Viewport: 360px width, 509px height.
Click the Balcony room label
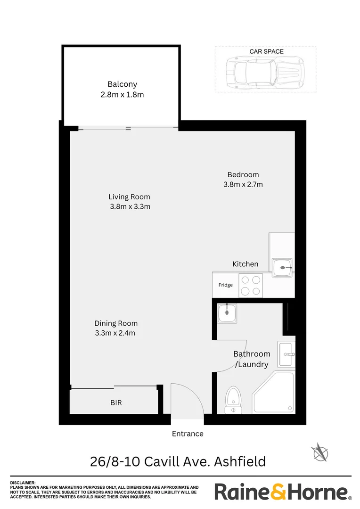122,84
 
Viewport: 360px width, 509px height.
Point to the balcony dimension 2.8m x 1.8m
122,94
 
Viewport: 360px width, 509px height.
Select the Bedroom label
243,175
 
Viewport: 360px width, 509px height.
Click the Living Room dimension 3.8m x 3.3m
130,206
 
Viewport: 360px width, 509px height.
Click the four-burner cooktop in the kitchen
251,286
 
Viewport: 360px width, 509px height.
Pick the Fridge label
225,285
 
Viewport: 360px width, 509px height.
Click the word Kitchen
245,264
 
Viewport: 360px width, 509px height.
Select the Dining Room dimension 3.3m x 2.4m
116,333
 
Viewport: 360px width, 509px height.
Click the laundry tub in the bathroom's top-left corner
227,313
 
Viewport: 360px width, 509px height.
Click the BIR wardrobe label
116,403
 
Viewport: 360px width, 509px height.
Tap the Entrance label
188,434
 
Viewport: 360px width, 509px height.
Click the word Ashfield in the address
240,461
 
